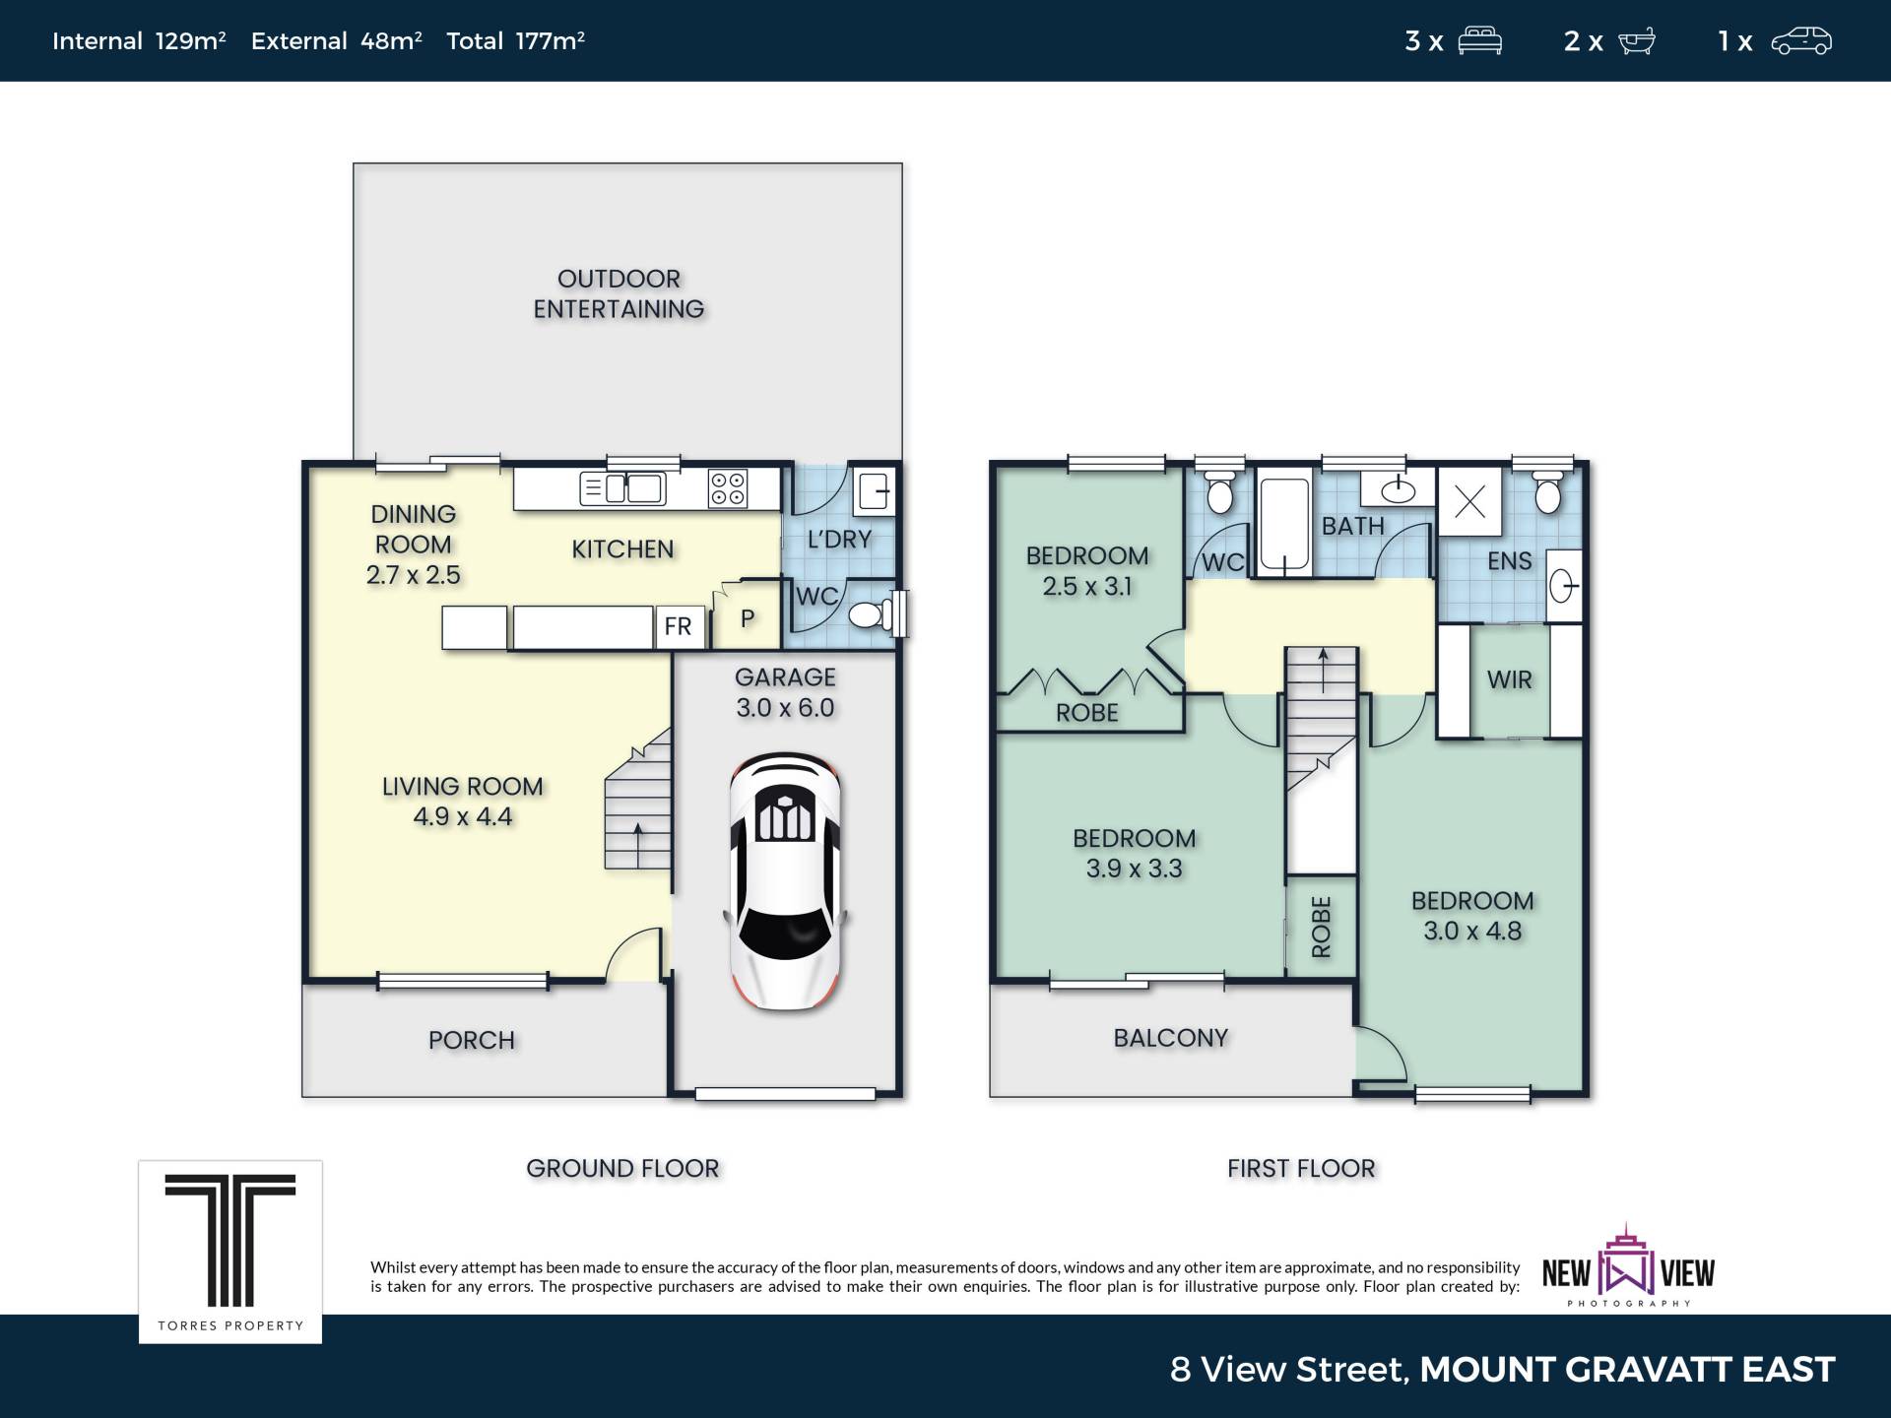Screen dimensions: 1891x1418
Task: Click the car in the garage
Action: (x=785, y=881)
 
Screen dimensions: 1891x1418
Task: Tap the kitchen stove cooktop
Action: (x=728, y=488)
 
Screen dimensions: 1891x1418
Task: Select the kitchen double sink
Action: (x=622, y=488)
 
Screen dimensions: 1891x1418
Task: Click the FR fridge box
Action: (x=679, y=627)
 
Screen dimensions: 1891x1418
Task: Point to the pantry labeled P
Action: (x=747, y=618)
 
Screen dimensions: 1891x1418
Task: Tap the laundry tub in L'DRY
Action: (x=874, y=489)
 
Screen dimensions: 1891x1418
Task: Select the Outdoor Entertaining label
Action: (x=619, y=294)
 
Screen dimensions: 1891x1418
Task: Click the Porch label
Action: (x=472, y=1041)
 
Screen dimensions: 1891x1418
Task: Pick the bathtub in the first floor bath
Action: (x=1284, y=524)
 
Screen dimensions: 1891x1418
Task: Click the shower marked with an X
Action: (x=1469, y=502)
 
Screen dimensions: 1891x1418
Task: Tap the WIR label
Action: (x=1510, y=679)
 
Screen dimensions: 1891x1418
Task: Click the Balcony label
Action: (x=1171, y=1038)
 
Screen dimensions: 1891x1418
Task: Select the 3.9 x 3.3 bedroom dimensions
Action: (x=1135, y=869)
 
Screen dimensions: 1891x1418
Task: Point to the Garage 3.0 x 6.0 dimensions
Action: (x=785, y=708)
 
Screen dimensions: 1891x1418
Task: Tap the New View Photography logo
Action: (x=1628, y=1266)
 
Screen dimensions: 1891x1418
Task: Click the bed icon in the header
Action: (x=1480, y=41)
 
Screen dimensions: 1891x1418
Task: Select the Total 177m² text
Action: (x=516, y=40)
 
